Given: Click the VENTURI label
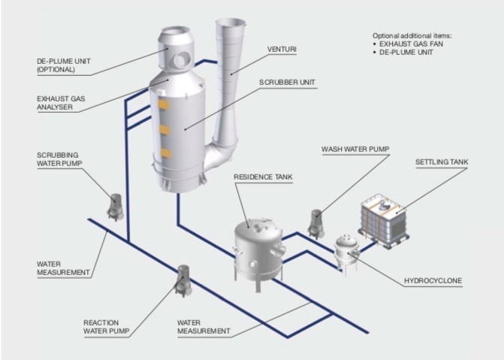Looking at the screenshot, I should tap(282, 50).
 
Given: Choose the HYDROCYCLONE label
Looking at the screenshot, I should tap(433, 281).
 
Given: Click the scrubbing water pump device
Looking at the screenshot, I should tap(116, 207).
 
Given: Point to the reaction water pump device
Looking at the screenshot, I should tap(183, 279).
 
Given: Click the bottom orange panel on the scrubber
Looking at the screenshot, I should tap(163, 155).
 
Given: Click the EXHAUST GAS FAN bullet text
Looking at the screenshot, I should tap(417, 44).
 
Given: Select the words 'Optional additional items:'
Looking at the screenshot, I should tap(413, 35).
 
